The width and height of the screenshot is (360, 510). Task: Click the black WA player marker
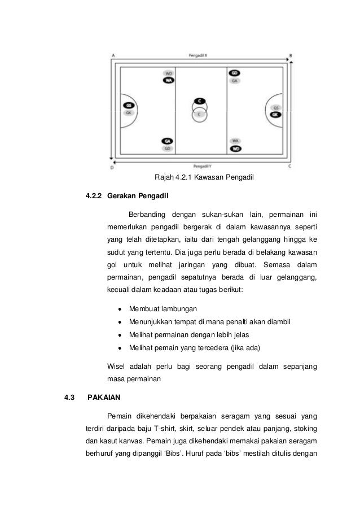[x=168, y=81]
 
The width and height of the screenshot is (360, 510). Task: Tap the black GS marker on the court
[x=129, y=106]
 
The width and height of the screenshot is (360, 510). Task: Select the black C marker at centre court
[x=200, y=101]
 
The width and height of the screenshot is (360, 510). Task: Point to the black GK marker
[x=275, y=115]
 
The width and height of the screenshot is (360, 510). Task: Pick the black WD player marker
[x=236, y=149]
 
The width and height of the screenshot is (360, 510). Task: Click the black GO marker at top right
[x=235, y=73]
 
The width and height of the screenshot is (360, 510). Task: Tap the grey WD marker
[x=168, y=73]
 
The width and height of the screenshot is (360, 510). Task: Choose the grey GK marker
[x=129, y=113]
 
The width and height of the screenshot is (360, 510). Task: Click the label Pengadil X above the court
[x=199, y=55]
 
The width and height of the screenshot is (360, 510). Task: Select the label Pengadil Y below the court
[x=203, y=167]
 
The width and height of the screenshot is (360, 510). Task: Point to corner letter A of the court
[x=113, y=55]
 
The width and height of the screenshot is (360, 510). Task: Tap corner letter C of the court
[x=290, y=167]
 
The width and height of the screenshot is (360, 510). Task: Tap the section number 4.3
[x=69, y=397]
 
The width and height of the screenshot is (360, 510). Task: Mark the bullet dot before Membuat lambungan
[x=120, y=309]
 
